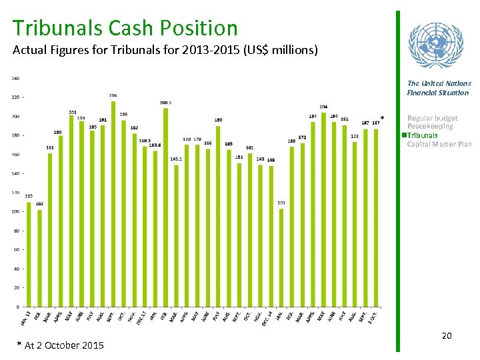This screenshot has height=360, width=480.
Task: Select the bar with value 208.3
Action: coord(165,207)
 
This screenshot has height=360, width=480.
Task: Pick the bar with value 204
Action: coord(323,209)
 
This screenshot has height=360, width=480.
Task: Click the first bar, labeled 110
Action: coord(29,254)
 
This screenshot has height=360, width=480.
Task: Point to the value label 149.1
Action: coord(176,159)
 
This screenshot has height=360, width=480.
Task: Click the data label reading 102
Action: coord(39,203)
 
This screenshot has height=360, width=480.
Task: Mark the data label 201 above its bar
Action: coord(72,112)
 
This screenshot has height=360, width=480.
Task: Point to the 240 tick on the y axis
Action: coord(15,79)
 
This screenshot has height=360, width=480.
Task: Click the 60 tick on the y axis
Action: coord(17,249)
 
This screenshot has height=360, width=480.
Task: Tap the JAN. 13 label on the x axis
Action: coord(25,319)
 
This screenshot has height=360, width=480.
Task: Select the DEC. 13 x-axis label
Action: coord(141,319)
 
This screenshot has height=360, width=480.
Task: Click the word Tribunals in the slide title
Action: coord(57,28)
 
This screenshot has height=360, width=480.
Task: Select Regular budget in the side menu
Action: coord(432,118)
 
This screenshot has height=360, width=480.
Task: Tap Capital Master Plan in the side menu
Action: coord(439,144)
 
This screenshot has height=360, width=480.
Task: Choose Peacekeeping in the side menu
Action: coord(429,127)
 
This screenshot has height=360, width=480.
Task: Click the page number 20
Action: coord(447,335)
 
